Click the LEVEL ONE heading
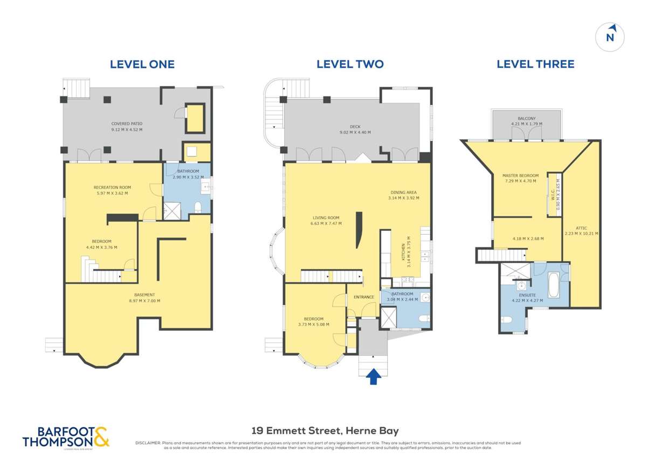click(x=142, y=64)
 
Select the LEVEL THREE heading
click(x=535, y=64)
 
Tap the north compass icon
click(x=610, y=37)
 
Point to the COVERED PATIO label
click(x=127, y=124)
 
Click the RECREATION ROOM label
click(x=112, y=187)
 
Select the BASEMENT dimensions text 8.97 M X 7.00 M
click(x=144, y=301)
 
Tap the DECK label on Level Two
click(x=355, y=126)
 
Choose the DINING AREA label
click(x=403, y=192)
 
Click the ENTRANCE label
click(x=363, y=297)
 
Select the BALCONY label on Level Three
click(x=526, y=118)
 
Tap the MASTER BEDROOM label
click(x=520, y=175)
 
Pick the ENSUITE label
click(x=527, y=295)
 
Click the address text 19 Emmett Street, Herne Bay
click(x=325, y=430)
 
